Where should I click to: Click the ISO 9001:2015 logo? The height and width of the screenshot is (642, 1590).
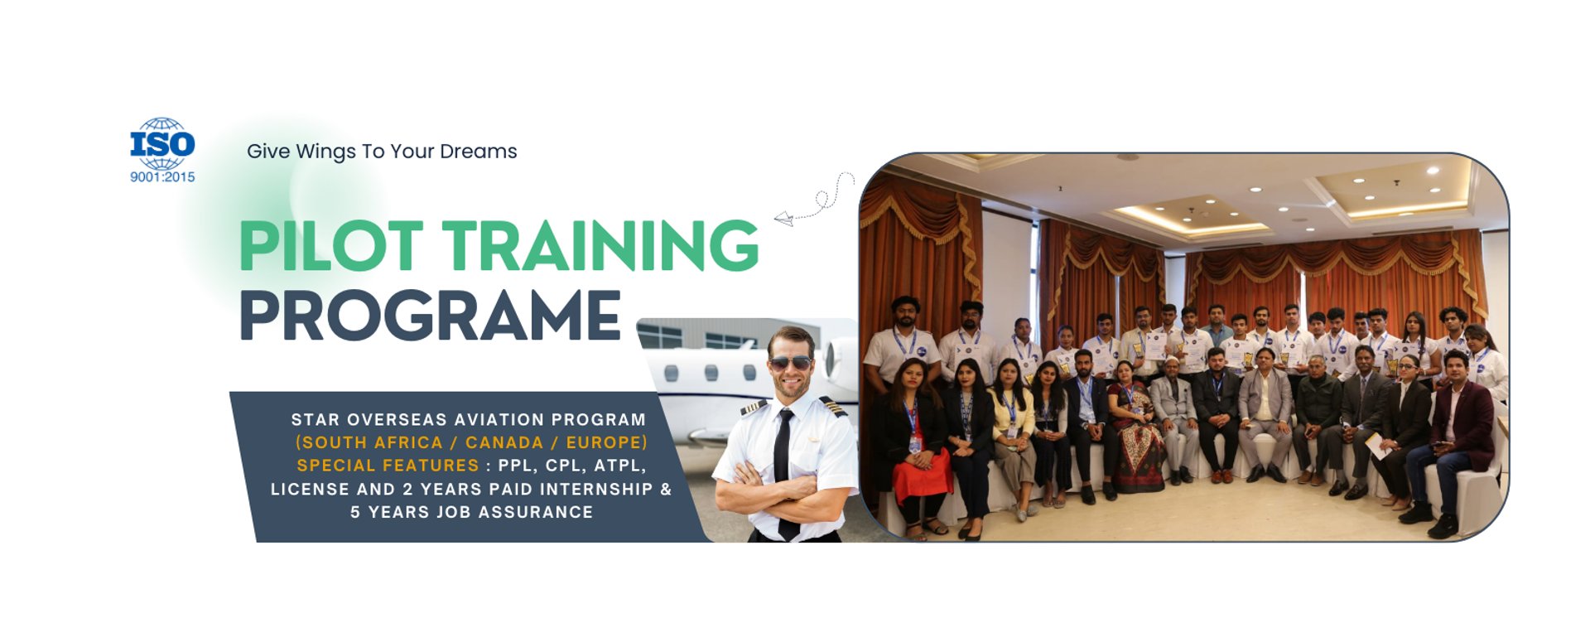pyautogui.click(x=162, y=150)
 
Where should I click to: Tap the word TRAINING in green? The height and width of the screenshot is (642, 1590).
pyautogui.click(x=600, y=246)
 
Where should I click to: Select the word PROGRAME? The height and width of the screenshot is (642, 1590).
pyautogui.click(x=430, y=316)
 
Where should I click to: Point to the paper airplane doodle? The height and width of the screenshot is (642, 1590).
pyautogui.click(x=783, y=219)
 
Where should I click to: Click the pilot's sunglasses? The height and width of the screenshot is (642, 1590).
pyautogui.click(x=791, y=363)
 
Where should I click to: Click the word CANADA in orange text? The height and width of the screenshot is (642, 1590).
pyautogui.click(x=504, y=442)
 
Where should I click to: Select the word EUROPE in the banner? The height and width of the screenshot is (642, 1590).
pyautogui.click(x=604, y=442)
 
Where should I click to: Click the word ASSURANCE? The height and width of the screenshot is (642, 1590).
pyautogui.click(x=535, y=512)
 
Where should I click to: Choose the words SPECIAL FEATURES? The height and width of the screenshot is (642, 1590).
pyautogui.click(x=388, y=466)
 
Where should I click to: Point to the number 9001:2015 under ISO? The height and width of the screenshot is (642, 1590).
pyautogui.click(x=162, y=176)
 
